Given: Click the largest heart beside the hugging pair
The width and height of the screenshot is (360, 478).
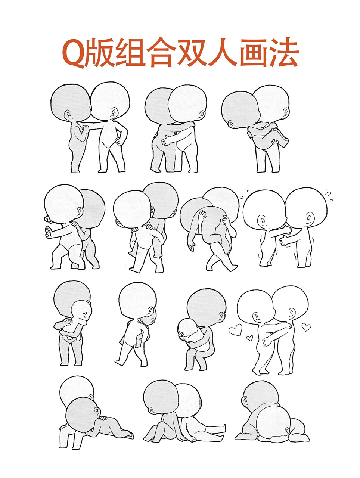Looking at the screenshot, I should coord(235,329).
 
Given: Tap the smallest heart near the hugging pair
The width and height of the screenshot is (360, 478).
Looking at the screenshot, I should coord(249,338).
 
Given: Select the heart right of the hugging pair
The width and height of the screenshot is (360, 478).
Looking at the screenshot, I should coord(306,328).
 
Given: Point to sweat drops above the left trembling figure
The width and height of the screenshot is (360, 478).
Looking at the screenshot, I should coord(244,194).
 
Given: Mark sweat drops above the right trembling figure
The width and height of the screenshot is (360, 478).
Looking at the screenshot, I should coord(328,194).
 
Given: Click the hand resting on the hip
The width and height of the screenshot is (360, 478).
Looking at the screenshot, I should coord(119,141).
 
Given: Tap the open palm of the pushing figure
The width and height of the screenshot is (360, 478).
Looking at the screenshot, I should coord(48,232).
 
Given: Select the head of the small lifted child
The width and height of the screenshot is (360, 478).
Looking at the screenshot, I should coord(81,311).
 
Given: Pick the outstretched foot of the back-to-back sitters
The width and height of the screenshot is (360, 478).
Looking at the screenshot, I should coord(223,427).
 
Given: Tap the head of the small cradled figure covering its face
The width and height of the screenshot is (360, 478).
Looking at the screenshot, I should coord(187,329).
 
